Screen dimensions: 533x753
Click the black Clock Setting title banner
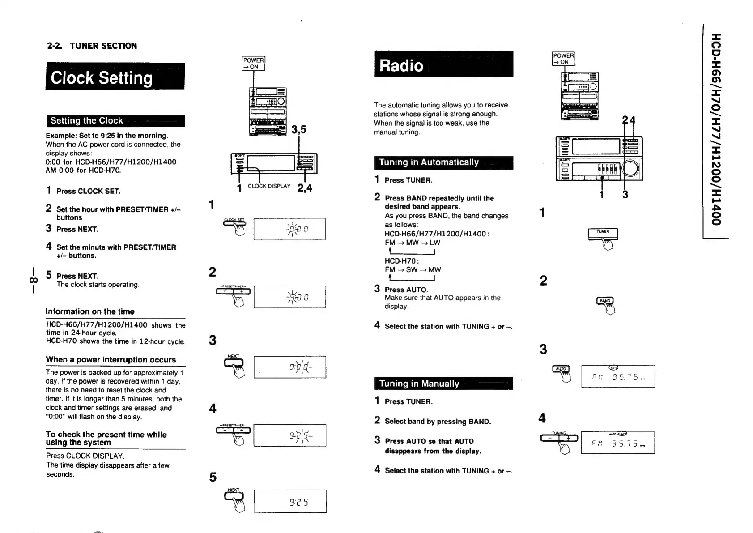(115, 77)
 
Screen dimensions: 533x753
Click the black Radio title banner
(443, 64)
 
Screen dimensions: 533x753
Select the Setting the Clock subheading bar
(115, 121)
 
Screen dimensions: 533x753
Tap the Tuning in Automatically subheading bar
(443, 162)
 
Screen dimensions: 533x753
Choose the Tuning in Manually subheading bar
(443, 384)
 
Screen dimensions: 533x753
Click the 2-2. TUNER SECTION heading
(92, 46)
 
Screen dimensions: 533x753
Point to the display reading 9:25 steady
(290, 502)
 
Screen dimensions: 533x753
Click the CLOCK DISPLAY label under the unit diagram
(269, 186)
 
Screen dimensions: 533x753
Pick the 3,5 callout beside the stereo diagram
(298, 130)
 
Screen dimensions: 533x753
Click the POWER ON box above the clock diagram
(253, 64)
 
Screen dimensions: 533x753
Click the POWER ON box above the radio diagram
(563, 59)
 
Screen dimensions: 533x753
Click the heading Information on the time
(90, 311)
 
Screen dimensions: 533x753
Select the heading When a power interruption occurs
(111, 360)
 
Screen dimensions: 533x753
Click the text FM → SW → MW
(413, 269)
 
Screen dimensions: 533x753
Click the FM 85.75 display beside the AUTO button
(618, 376)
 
